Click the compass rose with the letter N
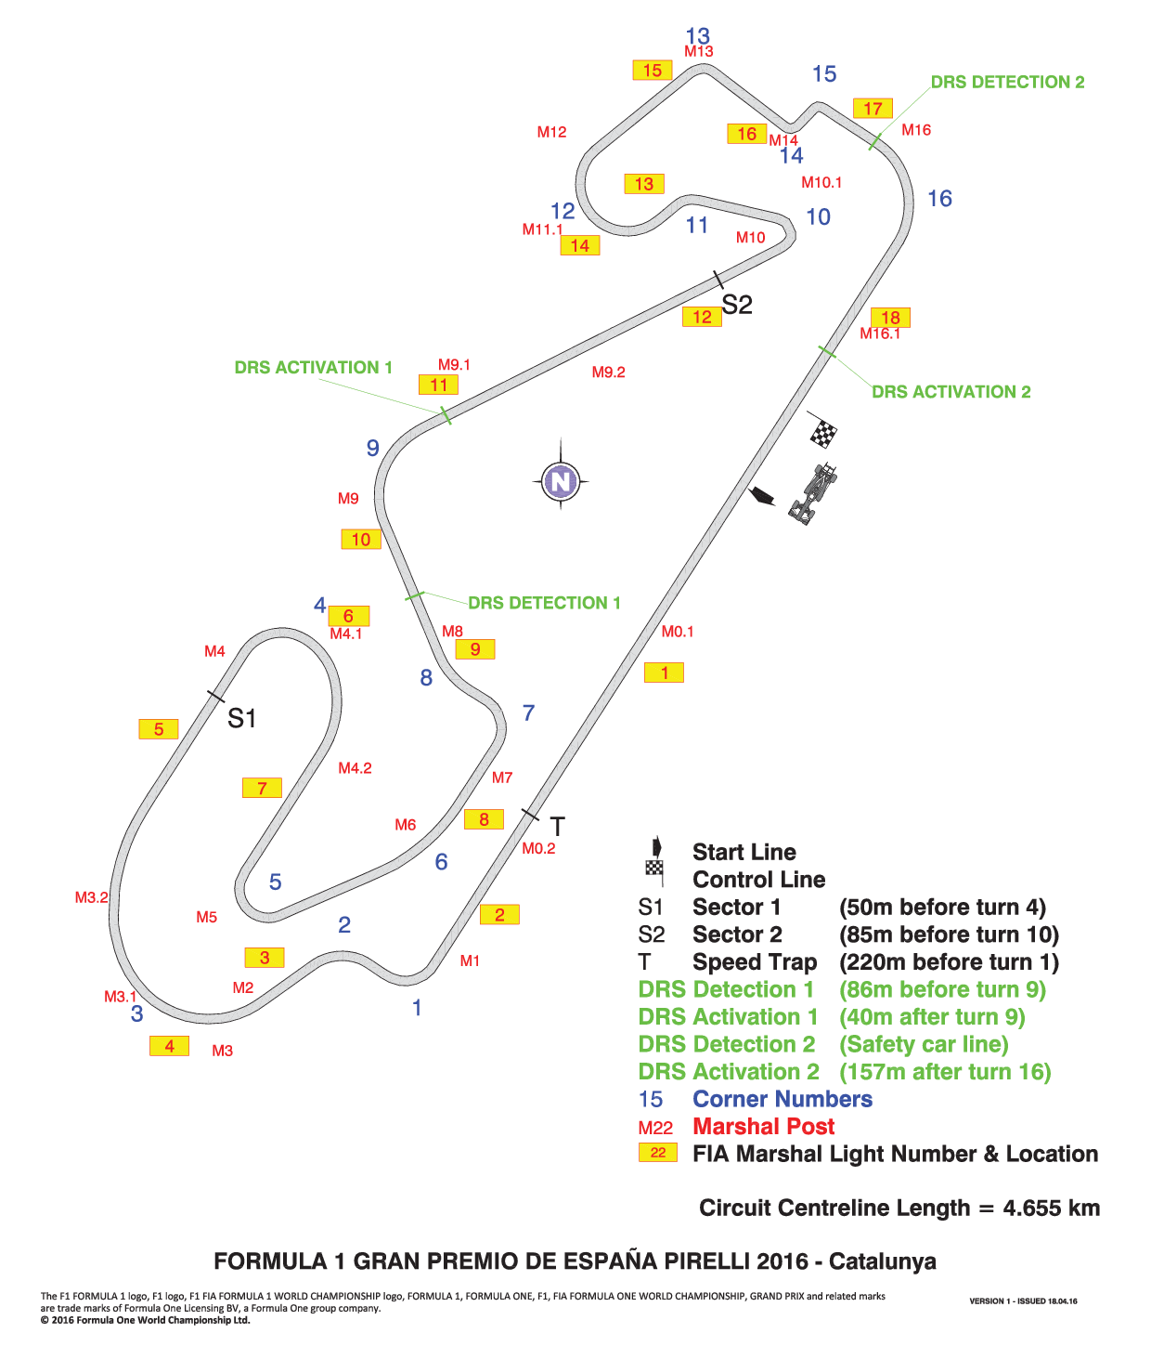(x=561, y=481)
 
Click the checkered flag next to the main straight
(x=822, y=431)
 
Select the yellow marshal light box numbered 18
(x=890, y=318)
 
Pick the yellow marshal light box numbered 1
(x=664, y=673)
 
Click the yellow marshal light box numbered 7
(x=262, y=788)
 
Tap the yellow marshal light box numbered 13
(x=644, y=183)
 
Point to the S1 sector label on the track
(x=241, y=718)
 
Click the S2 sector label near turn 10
(x=737, y=305)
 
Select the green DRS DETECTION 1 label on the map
(x=544, y=603)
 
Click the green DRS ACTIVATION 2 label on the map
(x=951, y=392)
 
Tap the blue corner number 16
(x=939, y=199)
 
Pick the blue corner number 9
(x=372, y=448)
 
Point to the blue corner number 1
(x=417, y=1007)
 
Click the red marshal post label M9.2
(x=608, y=372)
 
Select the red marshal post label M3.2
(x=91, y=897)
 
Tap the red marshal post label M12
(x=552, y=132)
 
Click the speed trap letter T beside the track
(x=557, y=827)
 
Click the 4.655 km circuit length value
(x=1051, y=1208)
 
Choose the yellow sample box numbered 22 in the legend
(x=657, y=1153)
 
